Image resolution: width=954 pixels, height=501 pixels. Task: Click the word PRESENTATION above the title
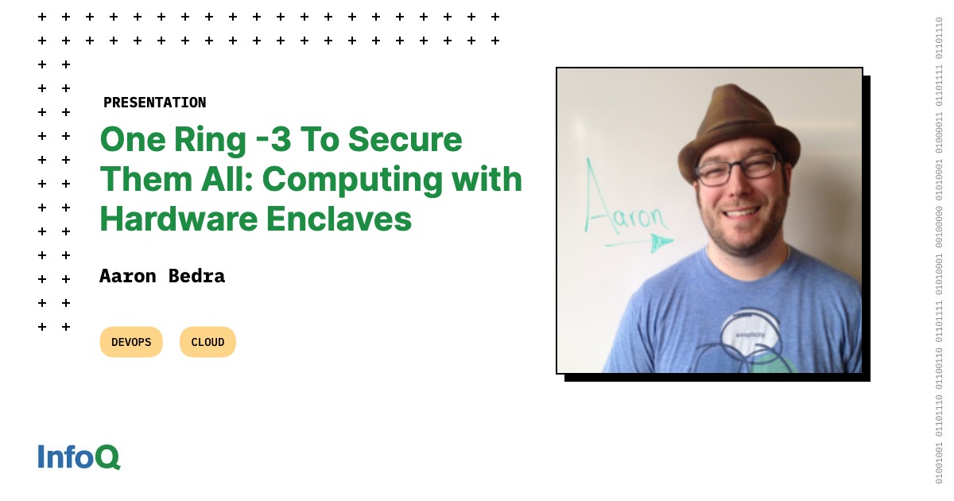click(154, 103)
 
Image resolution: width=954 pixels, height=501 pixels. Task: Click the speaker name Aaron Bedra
click(162, 276)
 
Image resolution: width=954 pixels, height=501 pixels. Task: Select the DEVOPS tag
click(131, 342)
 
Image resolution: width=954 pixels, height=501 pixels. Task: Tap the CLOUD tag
click(207, 342)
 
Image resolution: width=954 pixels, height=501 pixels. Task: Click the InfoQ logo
click(79, 456)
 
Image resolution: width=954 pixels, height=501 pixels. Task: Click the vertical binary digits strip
click(939, 250)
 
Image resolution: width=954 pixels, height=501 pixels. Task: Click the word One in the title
click(128, 140)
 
